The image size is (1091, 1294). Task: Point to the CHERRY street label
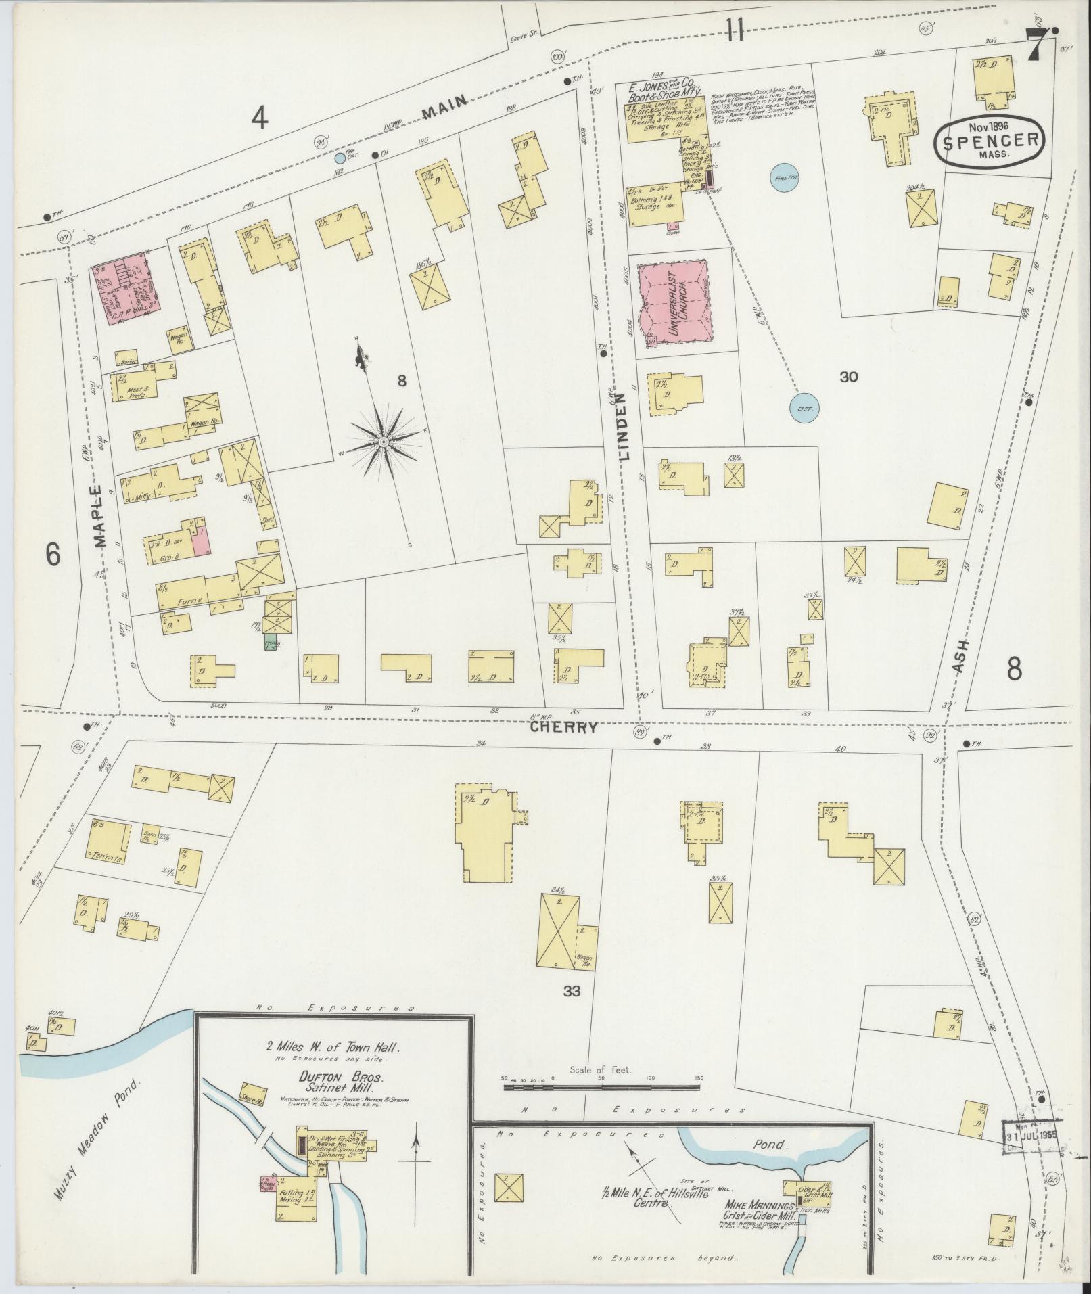pyautogui.click(x=563, y=728)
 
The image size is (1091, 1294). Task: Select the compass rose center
pyautogui.click(x=383, y=442)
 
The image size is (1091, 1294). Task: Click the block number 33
pyautogui.click(x=572, y=992)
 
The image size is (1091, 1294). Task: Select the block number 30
pyautogui.click(x=848, y=377)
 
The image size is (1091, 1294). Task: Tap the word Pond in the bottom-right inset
pyautogui.click(x=770, y=1145)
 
